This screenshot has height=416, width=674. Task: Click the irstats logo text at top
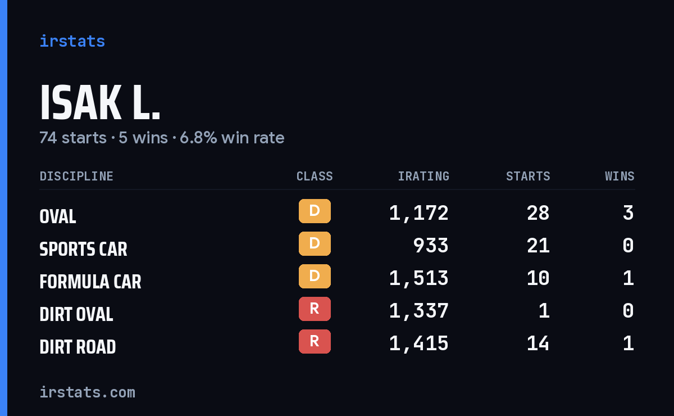point(72,41)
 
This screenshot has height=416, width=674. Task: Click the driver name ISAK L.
point(100,102)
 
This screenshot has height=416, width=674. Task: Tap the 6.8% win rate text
point(232,138)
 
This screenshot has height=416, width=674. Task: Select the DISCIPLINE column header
point(76,176)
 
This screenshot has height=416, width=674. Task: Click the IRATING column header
point(423,176)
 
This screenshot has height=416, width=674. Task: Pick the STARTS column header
point(528,176)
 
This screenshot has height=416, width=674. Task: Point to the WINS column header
point(620,176)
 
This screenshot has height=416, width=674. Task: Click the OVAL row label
point(58,216)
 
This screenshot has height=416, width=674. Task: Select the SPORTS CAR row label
point(83,249)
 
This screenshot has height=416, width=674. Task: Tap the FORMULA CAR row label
point(90,282)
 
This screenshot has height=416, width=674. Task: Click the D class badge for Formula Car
point(315,276)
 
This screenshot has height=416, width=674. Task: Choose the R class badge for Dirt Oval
point(315,309)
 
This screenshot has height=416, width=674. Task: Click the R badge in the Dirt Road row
point(315,341)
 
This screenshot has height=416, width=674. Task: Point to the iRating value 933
point(431,246)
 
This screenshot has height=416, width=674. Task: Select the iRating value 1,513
point(419,278)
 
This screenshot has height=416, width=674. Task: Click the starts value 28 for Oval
point(538,213)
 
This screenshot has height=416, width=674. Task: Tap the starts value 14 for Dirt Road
point(538,343)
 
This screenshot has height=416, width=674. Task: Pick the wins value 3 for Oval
point(629,213)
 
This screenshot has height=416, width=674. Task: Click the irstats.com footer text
point(88,392)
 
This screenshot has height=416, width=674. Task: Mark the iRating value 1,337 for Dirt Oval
point(419,311)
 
